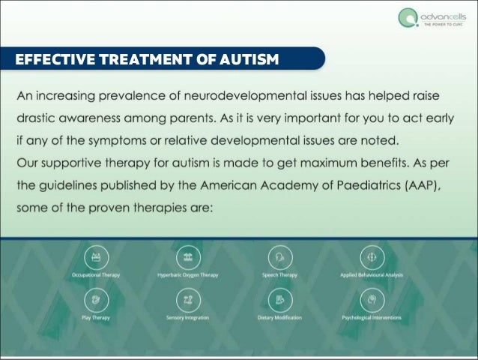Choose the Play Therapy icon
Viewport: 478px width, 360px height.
tap(95, 300)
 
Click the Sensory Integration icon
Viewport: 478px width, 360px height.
tap(187, 300)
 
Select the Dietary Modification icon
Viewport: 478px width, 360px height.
tap(279, 300)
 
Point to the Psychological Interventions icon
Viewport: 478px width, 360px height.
tap(372, 300)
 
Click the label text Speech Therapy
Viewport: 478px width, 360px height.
tap(279, 275)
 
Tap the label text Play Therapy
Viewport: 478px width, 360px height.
tap(96, 317)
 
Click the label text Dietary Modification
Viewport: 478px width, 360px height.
tap(279, 317)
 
